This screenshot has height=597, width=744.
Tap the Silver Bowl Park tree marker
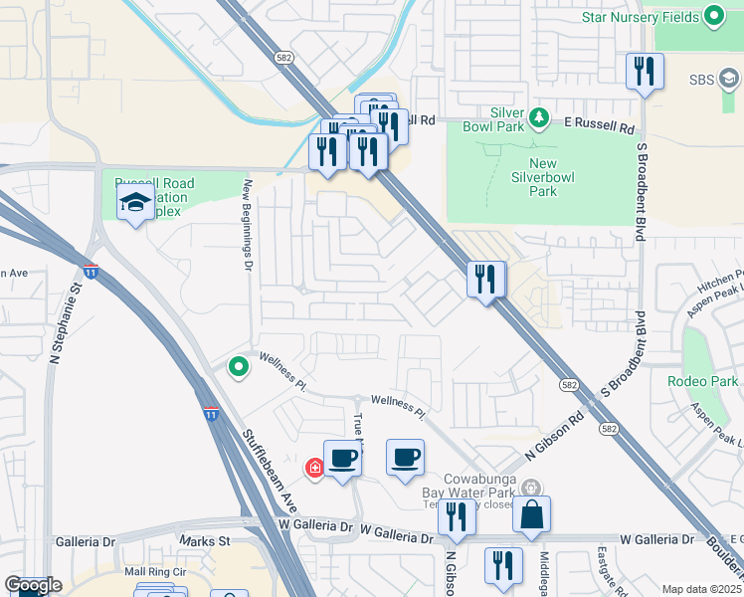pos(539,118)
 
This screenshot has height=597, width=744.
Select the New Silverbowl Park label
pos(556,177)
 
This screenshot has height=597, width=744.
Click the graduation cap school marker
pos(135,205)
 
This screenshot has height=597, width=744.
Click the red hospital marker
pos(314,468)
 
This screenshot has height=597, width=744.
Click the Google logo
pos(32,585)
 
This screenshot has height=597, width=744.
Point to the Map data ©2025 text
pos(701,589)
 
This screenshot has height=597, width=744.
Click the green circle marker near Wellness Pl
pos(239,368)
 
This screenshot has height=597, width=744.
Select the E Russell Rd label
pos(599,128)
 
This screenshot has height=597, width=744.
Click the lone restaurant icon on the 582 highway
pos(485,280)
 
